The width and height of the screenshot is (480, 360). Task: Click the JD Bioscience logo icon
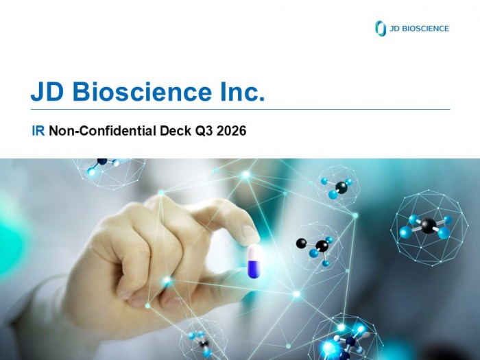380,28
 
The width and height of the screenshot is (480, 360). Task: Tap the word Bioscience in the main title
142,91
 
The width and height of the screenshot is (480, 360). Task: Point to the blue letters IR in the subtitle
38,131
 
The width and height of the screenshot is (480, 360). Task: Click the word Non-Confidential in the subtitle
103,131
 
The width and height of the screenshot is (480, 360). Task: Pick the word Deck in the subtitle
175,131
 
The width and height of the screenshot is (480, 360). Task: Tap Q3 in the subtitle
204,131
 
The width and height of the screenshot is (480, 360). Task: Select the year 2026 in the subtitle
232,131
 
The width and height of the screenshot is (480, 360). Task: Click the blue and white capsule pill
254,261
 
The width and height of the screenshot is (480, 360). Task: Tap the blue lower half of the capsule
254,269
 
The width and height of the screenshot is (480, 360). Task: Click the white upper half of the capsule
254,252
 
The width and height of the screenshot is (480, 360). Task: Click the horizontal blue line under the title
240,109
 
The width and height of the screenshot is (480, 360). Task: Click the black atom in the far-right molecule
428,226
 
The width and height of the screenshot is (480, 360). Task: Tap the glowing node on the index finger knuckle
161,193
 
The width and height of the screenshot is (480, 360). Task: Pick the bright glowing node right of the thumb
296,294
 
